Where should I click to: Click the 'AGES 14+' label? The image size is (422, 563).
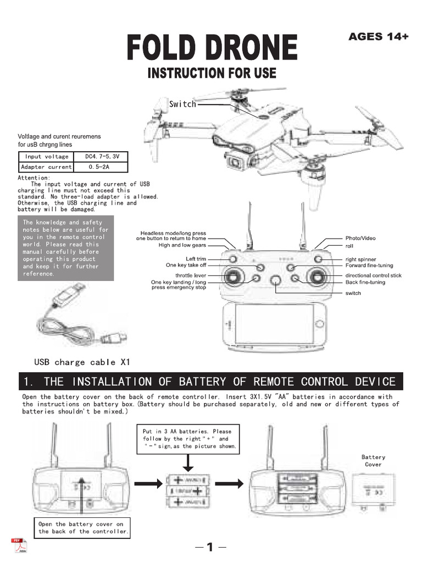point(379,37)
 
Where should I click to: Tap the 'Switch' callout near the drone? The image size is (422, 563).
point(182,104)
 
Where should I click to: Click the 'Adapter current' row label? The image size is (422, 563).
point(46,167)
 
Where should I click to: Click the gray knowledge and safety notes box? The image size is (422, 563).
point(66,248)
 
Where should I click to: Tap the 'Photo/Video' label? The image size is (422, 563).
point(360,238)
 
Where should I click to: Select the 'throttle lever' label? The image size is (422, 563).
point(191,275)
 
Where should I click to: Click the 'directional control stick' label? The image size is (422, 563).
point(373,275)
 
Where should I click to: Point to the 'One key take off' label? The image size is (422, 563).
point(186,265)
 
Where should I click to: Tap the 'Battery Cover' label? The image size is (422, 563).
point(373,461)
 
